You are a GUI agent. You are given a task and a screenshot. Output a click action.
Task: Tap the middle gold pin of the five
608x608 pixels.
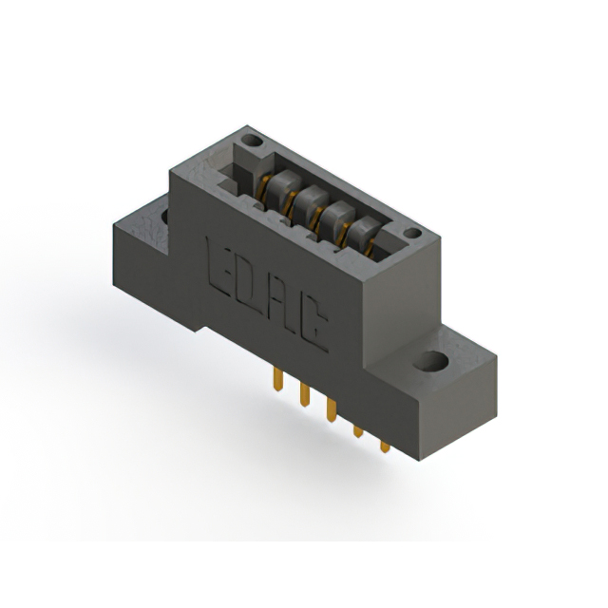pos(331,408)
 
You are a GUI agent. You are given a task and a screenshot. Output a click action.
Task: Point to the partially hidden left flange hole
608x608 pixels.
pos(165,217)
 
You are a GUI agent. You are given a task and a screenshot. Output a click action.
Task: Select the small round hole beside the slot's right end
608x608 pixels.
pos(411,233)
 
